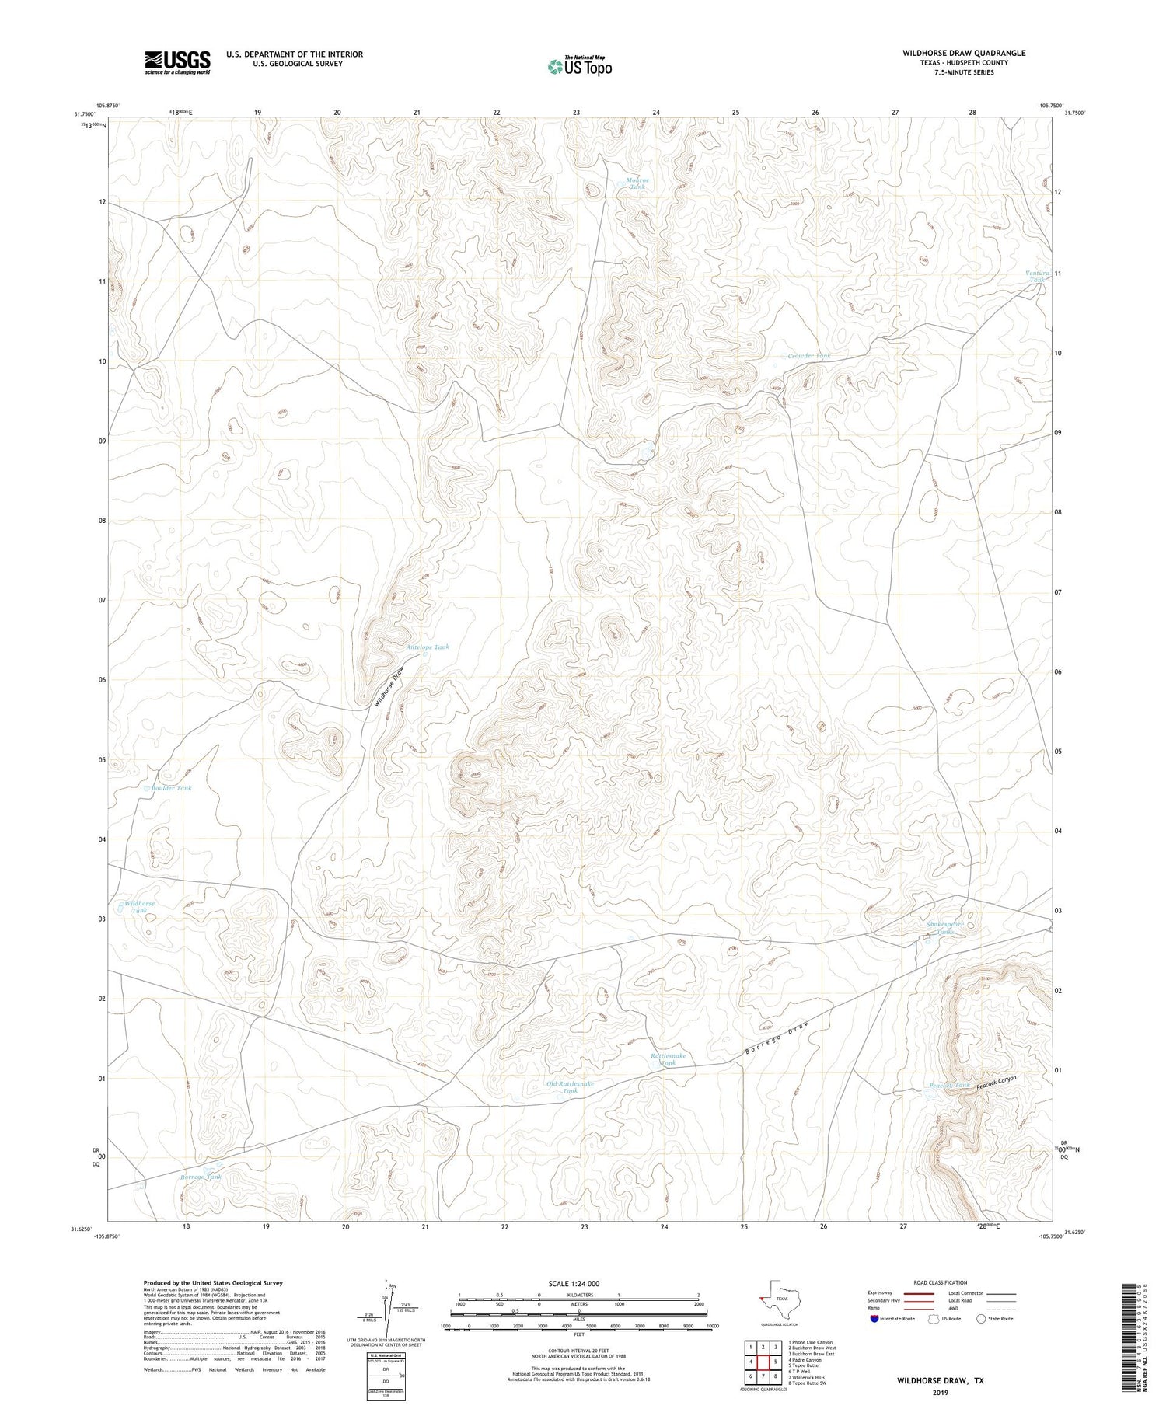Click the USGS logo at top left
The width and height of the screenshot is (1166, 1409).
pos(177,62)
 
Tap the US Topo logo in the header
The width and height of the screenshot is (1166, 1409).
pos(579,67)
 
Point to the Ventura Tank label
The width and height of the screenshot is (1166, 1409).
pos(1037,277)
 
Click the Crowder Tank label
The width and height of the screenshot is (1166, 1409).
pos(808,356)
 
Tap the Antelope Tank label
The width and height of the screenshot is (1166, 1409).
pos(428,647)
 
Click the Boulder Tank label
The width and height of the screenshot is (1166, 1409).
pos(171,788)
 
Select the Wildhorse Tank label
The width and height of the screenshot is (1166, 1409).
pos(139,907)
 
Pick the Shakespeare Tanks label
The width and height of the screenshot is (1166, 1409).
pos(945,928)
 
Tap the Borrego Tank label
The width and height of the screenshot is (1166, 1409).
pos(201,1177)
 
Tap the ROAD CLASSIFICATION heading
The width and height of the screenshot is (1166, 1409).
pos(940,1282)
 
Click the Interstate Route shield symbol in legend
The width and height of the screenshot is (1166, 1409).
pos(874,1319)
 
